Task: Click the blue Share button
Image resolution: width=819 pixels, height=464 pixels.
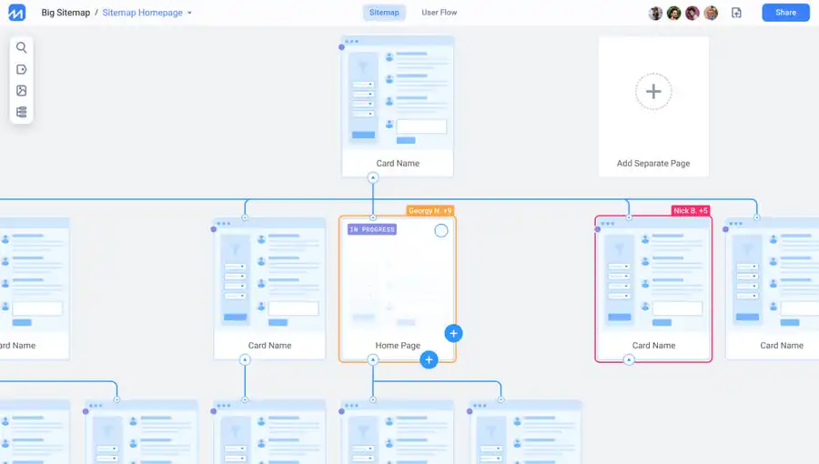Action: (x=785, y=13)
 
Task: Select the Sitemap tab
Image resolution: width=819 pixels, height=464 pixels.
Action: (x=384, y=13)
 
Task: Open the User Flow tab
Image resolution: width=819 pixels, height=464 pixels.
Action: (x=440, y=13)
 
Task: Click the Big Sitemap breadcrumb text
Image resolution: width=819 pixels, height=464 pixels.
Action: (x=66, y=13)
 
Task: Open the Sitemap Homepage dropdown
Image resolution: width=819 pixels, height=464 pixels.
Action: (x=189, y=13)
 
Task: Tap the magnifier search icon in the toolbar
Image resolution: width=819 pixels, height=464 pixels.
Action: (x=22, y=47)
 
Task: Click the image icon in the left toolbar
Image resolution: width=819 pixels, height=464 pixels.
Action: (x=22, y=91)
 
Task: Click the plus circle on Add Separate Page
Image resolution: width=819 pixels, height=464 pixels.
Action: (x=653, y=91)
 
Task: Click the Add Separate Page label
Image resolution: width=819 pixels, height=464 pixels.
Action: (x=653, y=164)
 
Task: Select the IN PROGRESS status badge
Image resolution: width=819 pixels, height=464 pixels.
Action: (x=372, y=229)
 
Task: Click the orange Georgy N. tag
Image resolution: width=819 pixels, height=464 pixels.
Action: (x=430, y=211)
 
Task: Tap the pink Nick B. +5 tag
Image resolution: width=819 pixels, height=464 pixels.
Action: (x=691, y=211)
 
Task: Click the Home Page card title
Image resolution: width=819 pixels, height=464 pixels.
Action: (x=398, y=346)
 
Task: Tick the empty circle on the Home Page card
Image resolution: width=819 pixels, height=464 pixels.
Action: (x=440, y=230)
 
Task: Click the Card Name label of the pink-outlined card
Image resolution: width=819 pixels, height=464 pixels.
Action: (x=653, y=346)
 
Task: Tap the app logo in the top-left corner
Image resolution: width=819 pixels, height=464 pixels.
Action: (x=16, y=13)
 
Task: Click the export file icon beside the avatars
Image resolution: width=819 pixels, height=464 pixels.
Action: (x=736, y=13)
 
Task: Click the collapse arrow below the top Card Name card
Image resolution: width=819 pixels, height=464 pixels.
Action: (x=373, y=178)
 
